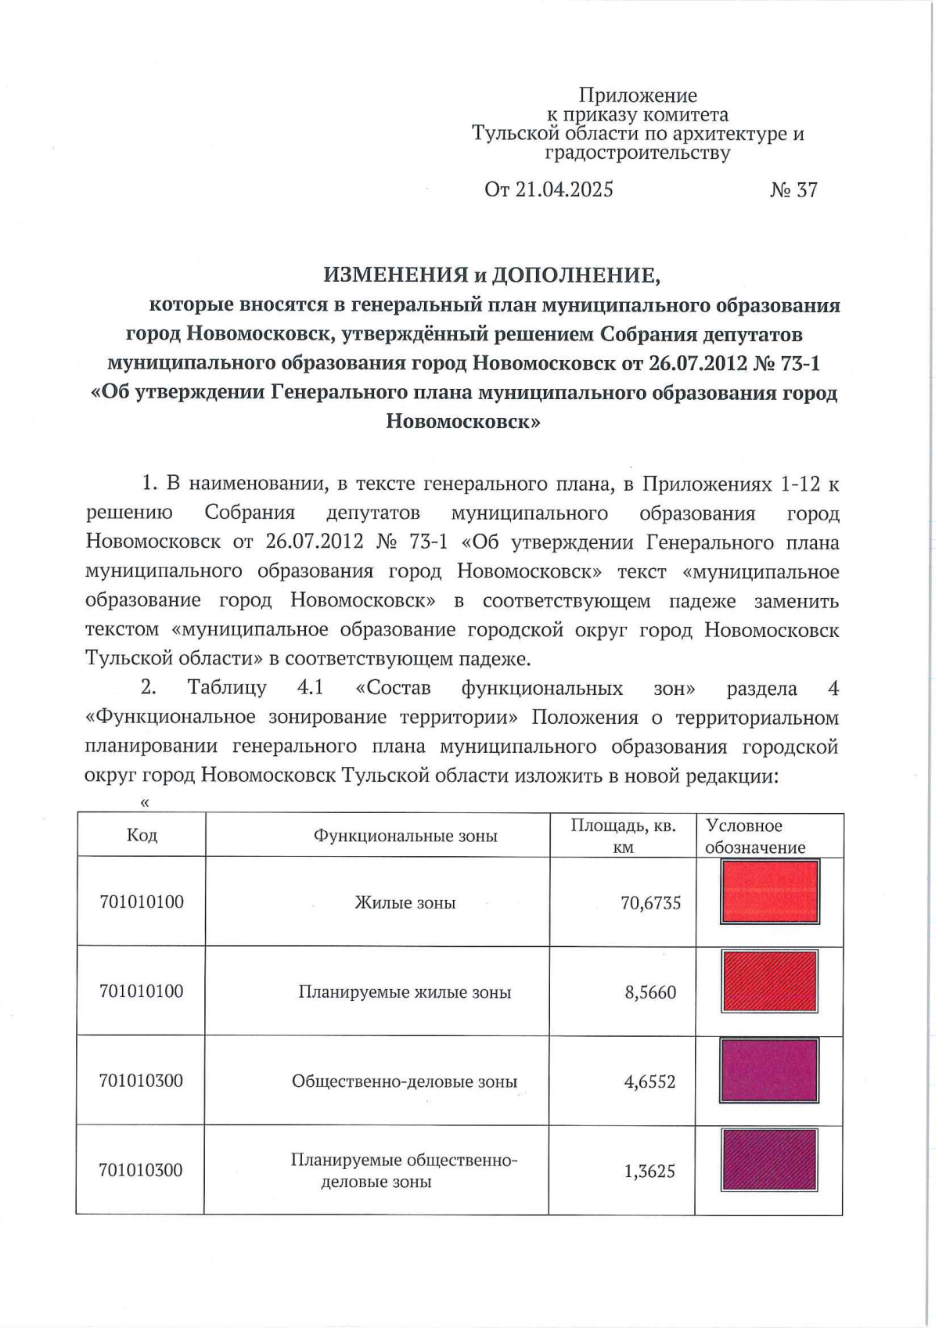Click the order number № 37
point(793,190)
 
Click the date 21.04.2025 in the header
point(563,190)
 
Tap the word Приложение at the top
point(638,95)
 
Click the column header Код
point(142,835)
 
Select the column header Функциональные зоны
point(405,836)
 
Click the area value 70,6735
point(650,903)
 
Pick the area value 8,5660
point(650,992)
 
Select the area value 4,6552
point(649,1082)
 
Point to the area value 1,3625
point(649,1171)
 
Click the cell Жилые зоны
point(405,902)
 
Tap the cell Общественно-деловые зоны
point(405,1081)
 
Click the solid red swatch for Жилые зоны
point(769,891)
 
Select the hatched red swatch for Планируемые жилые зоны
point(769,981)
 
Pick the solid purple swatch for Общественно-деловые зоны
point(769,1071)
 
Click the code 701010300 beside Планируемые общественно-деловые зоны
point(141,1171)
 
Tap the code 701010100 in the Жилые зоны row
point(142,902)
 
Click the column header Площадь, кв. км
point(623,836)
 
